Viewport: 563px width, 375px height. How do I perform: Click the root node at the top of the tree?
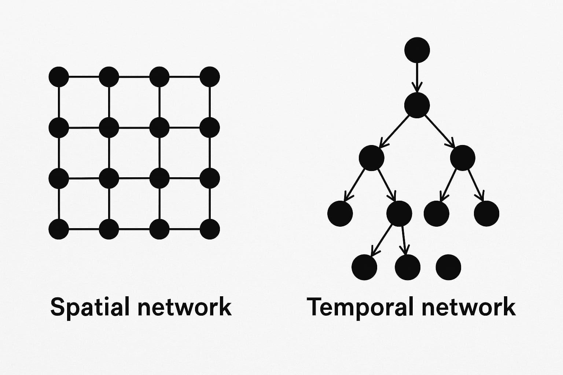coord(417,50)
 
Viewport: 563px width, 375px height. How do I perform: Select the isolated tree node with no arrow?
coord(448,267)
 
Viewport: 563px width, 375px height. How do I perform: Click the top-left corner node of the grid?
coord(59,77)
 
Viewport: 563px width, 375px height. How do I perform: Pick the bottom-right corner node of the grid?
coord(210,229)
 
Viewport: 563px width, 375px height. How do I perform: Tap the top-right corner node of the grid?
coord(210,77)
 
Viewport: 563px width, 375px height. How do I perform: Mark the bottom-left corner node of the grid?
coord(59,229)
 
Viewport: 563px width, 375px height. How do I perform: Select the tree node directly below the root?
coord(417,105)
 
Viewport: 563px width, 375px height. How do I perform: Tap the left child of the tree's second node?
coord(371,158)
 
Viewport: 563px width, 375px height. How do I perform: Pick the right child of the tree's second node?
coord(463,158)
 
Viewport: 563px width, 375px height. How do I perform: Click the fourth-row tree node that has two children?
coord(399,214)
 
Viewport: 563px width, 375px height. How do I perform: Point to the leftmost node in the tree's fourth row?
coord(340,214)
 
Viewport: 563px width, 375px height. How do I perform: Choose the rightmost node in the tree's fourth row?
coord(486,214)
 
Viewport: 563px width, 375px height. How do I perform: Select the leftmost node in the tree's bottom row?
coord(364,267)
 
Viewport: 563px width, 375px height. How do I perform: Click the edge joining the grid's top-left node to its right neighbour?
coord(84,77)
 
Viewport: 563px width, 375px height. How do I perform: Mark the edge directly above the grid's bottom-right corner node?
coord(210,204)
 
